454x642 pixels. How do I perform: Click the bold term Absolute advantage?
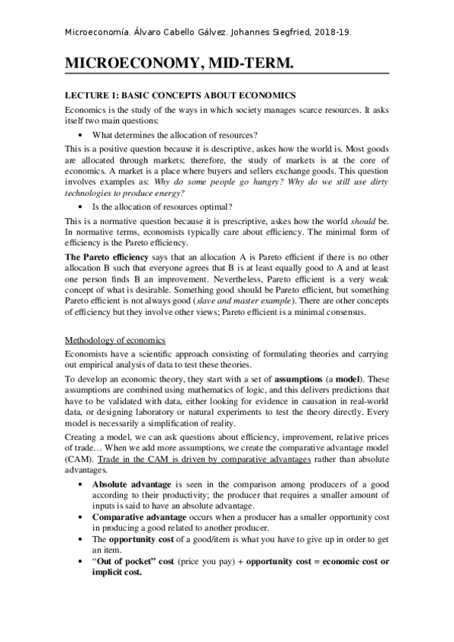(133, 484)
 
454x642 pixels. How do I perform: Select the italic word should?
(358, 220)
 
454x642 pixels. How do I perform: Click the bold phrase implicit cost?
(121, 572)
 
